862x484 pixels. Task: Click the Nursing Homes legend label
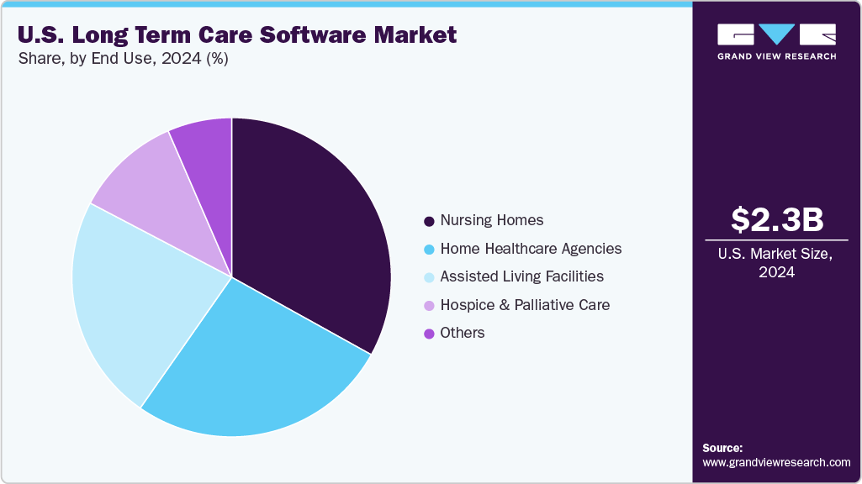tap(492, 220)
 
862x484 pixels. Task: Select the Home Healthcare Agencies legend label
tap(531, 249)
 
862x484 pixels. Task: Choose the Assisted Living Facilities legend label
tap(521, 276)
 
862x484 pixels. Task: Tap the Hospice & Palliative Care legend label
tap(525, 305)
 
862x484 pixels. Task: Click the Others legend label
tap(463, 333)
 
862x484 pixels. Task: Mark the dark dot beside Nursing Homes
tap(430, 221)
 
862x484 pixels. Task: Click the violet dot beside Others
tap(430, 334)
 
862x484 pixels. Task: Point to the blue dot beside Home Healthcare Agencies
tap(430, 250)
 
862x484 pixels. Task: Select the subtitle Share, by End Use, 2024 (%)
tap(123, 59)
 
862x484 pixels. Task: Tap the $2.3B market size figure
tap(776, 219)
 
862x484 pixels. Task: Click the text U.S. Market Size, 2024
tap(776, 262)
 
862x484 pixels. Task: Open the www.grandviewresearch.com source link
tap(776, 462)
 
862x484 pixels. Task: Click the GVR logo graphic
tap(776, 35)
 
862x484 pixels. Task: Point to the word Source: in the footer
tap(722, 448)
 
